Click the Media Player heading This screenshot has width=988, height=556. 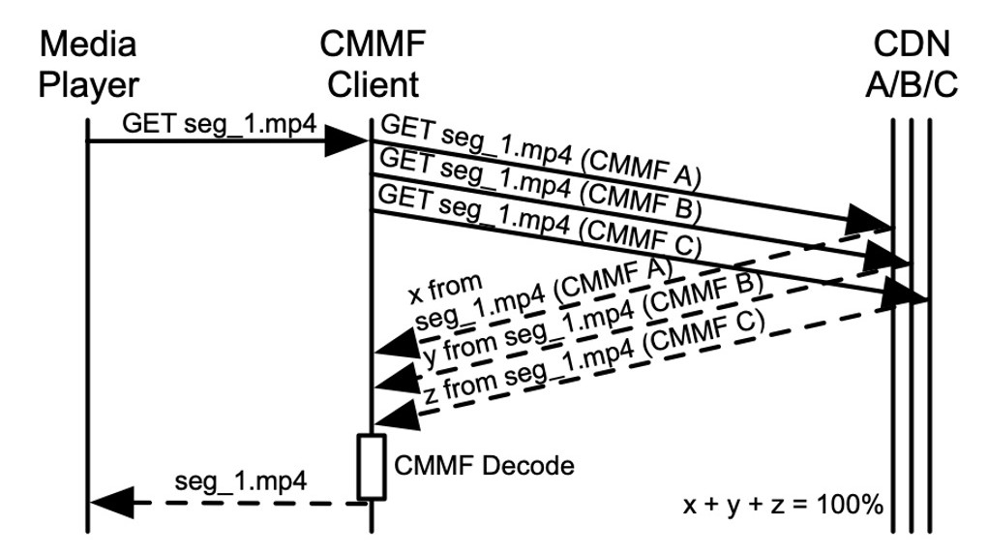(x=87, y=64)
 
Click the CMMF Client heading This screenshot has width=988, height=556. (x=374, y=64)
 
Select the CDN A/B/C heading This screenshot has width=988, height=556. (x=911, y=64)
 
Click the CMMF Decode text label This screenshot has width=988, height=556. (x=484, y=465)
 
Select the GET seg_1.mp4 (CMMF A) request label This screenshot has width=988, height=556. (x=539, y=151)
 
